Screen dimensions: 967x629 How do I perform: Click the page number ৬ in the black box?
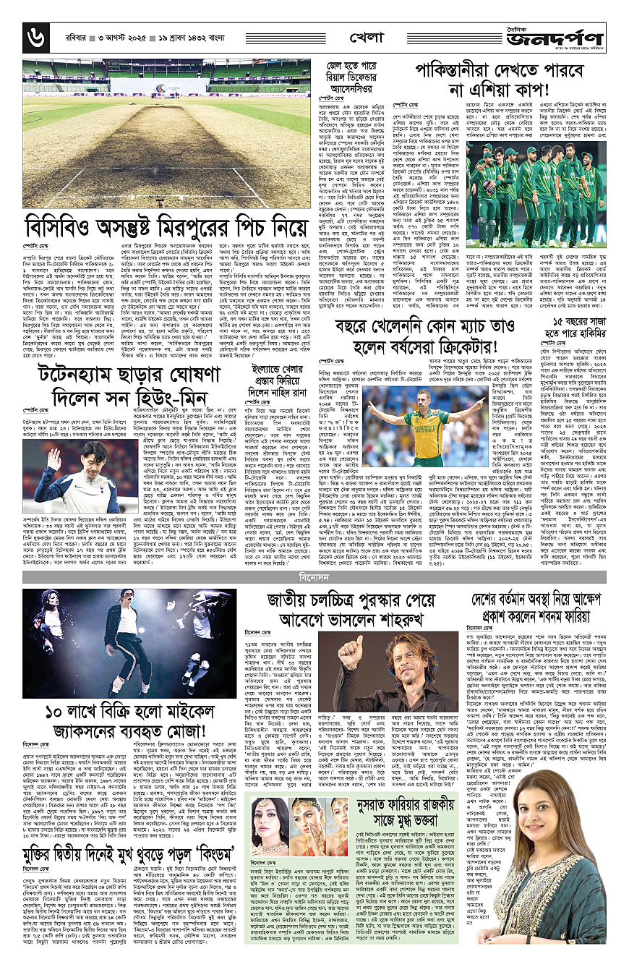35,37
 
